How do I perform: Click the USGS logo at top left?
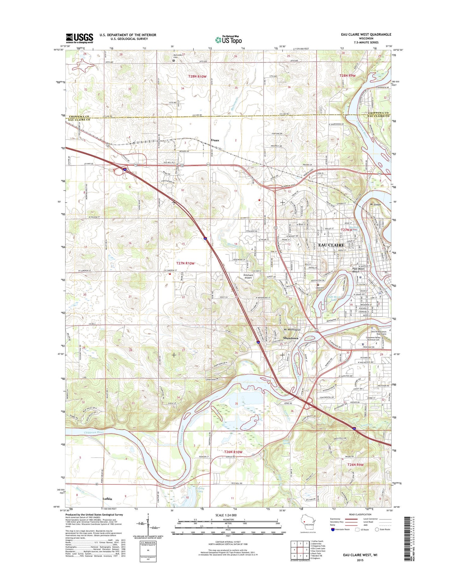point(79,38)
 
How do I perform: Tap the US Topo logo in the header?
point(228,40)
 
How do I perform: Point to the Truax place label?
point(215,140)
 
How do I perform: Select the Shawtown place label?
point(290,338)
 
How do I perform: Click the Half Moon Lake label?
point(335,298)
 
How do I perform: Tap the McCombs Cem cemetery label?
point(177,56)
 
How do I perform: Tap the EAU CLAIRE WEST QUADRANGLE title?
point(368,34)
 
